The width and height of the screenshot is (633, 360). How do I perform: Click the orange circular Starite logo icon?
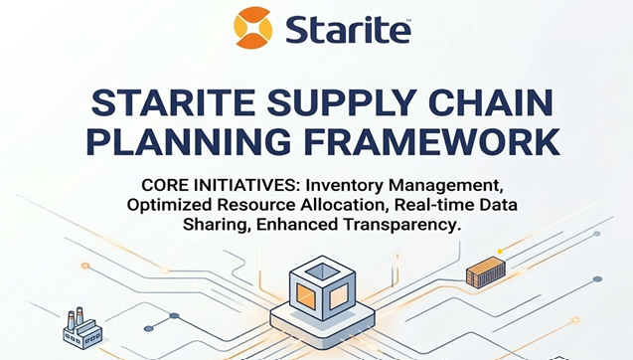click(x=251, y=27)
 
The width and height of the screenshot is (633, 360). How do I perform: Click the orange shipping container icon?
click(x=486, y=271)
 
